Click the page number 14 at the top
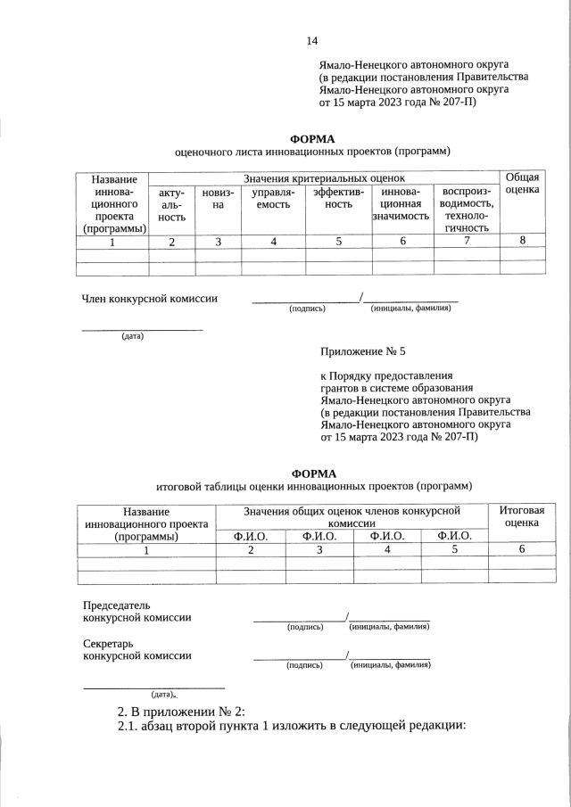tap(311, 40)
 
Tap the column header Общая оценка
tap(522, 184)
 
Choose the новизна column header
tap(219, 199)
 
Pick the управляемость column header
tap(273, 199)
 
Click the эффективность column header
tap(338, 199)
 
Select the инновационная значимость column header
tap(402, 204)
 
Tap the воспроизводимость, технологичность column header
tap(467, 210)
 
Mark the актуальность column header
tap(172, 204)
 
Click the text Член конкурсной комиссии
tap(150, 299)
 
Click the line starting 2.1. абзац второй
tap(293, 727)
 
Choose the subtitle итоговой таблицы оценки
tap(313, 486)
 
